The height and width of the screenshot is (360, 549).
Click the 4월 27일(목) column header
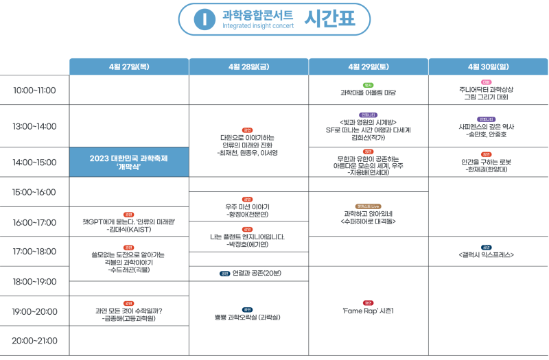(129, 67)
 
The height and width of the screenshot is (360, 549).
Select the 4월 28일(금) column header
(248, 67)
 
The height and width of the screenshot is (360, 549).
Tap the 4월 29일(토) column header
(369, 67)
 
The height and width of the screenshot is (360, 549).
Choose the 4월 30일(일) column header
(488, 67)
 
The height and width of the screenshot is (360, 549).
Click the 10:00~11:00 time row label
(34, 90)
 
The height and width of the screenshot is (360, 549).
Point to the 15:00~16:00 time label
(34, 192)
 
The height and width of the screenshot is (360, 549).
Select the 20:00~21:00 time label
(34, 340)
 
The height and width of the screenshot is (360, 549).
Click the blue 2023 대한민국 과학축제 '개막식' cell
(129, 162)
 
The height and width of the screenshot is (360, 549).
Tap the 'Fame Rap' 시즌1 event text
(369, 311)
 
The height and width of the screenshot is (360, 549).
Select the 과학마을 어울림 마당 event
(369, 92)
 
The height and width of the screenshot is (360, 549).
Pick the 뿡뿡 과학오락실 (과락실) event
(248, 317)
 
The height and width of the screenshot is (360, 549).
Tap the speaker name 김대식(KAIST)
(130, 229)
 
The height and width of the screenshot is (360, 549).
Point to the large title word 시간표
(330, 19)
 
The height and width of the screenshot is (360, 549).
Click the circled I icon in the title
(204, 19)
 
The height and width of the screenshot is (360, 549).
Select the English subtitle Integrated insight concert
(257, 26)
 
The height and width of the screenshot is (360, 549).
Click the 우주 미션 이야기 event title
(248, 206)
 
